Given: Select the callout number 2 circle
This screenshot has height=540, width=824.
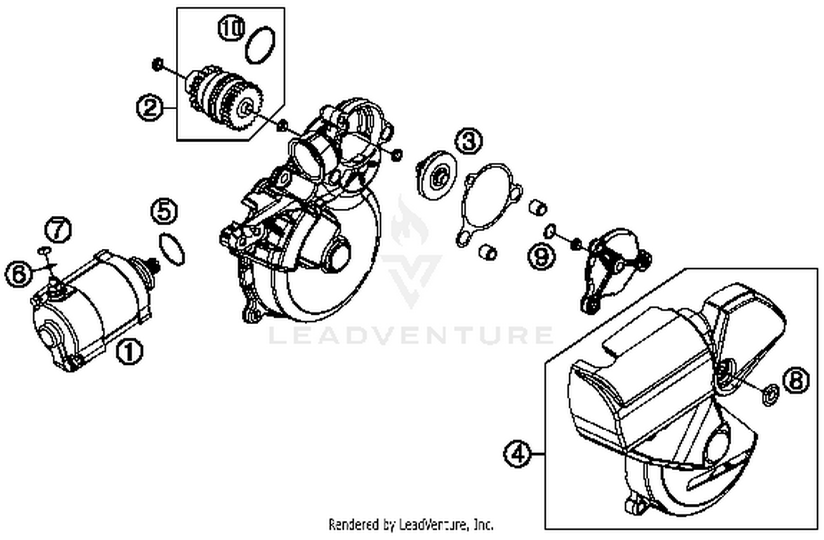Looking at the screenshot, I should [x=149, y=107].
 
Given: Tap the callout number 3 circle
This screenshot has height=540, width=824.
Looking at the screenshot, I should [x=468, y=141].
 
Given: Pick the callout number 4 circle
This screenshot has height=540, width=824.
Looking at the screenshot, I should [x=517, y=454].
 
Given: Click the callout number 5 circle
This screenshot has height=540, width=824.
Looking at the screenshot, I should [x=165, y=212].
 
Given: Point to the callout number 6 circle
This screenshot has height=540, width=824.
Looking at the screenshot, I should [x=19, y=274].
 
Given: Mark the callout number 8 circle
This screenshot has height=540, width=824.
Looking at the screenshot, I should [x=796, y=380].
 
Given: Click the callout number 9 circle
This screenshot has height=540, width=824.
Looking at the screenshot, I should [x=542, y=255].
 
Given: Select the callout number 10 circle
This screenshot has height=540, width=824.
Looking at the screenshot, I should [x=231, y=29].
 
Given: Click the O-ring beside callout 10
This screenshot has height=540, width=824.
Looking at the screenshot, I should [x=259, y=44].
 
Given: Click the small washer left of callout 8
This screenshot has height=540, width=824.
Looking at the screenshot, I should [x=770, y=394].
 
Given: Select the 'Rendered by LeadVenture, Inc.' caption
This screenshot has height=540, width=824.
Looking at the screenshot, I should [x=411, y=524].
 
